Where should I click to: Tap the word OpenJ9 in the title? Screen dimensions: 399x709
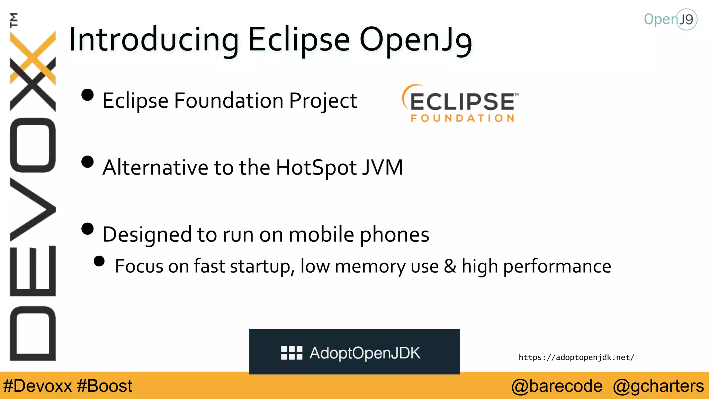coord(415,40)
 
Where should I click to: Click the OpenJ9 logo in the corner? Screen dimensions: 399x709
coord(670,19)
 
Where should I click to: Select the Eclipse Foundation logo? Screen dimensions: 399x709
coord(460,103)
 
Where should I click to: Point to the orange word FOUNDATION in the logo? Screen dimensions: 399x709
coord(463,118)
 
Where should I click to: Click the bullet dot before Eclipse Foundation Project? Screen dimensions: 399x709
coord(88,95)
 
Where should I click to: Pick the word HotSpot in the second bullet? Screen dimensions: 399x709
coord(316,168)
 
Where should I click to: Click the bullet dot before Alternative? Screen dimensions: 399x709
coord(88,162)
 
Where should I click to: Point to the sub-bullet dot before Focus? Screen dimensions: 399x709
coord(99,261)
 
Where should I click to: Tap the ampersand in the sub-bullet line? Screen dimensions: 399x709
coord(450,266)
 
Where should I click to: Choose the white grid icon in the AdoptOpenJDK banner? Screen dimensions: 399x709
coord(291,353)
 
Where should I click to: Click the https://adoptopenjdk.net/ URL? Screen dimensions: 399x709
coord(576,357)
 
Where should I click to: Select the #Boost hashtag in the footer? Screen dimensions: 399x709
coord(105,386)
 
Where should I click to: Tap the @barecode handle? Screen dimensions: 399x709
coord(557,386)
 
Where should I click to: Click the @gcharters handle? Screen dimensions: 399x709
coord(658,386)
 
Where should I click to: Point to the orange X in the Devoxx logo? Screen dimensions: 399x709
coord(33,57)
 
